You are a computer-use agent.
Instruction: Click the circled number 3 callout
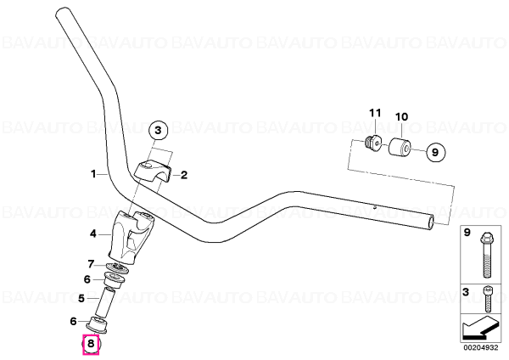158,131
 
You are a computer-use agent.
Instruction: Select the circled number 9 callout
435,152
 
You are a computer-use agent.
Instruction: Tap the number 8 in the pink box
91,343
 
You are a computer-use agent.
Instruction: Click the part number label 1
93,174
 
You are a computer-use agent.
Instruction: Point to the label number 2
184,176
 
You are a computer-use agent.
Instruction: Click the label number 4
93,233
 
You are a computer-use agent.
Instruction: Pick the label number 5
81,298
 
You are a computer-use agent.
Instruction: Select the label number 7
92,264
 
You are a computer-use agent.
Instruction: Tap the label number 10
401,116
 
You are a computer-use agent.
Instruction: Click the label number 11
375,113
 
